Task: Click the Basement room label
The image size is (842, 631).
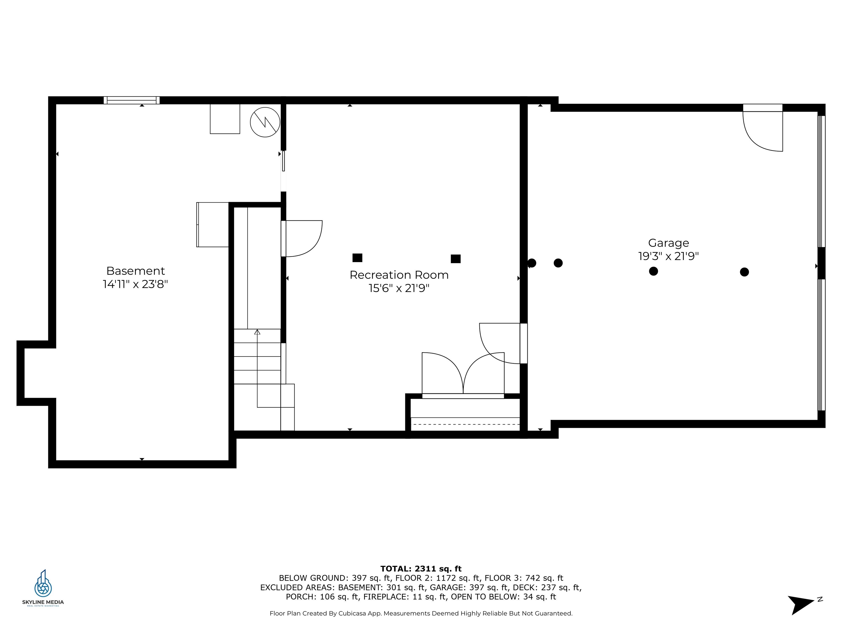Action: point(135,271)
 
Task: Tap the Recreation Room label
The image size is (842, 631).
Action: point(399,275)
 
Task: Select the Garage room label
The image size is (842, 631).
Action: point(669,243)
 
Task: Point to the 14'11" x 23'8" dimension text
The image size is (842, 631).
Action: point(135,284)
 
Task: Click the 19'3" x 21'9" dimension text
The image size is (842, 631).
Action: point(669,256)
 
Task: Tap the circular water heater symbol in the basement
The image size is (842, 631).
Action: point(265,122)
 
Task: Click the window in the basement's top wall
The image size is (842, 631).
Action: point(132,101)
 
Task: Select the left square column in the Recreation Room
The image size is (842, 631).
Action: point(357,258)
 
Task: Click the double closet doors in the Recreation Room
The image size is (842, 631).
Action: point(463,375)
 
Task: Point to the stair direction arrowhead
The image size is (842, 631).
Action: point(257,332)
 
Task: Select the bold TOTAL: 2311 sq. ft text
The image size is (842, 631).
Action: point(421,569)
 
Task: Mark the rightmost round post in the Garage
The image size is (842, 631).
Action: point(744,272)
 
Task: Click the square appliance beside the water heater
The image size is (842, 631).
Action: point(225,119)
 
